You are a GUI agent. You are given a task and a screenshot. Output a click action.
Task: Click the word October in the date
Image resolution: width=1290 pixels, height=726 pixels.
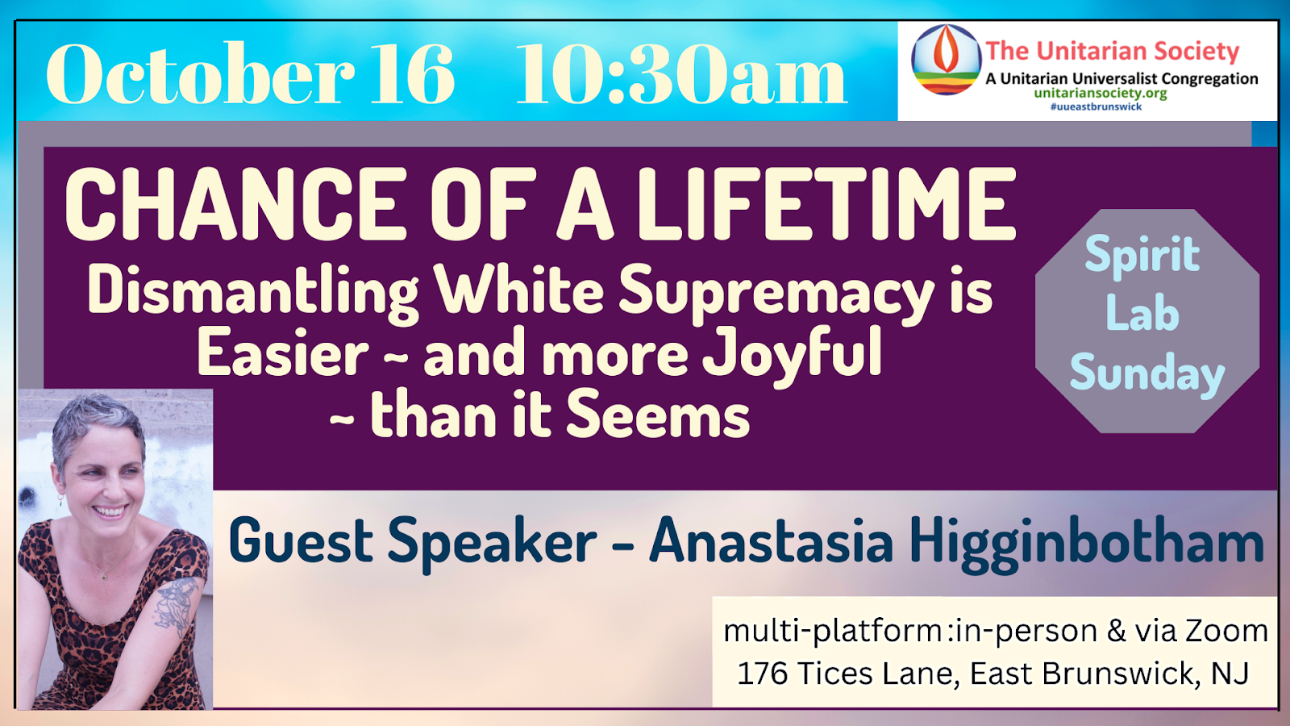pos(201,73)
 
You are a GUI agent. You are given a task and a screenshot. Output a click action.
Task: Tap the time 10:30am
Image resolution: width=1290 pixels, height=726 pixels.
pos(680,73)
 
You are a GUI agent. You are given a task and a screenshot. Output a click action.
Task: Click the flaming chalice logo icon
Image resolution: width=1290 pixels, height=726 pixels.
pos(946,60)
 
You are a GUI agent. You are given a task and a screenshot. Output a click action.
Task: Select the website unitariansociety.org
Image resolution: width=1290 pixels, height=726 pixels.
pos(1101,93)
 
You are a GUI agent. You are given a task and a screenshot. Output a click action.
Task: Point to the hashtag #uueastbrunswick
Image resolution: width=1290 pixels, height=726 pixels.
pos(1096,106)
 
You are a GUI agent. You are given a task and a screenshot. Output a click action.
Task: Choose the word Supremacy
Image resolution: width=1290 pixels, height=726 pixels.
pos(776,293)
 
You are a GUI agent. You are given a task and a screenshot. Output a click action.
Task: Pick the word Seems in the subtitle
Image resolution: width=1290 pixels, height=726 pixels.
pos(658,414)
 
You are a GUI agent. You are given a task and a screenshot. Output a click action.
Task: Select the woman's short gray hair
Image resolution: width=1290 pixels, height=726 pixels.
pos(98,427)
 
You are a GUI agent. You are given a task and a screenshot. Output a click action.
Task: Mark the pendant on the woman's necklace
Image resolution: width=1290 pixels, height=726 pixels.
pos(104,576)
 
